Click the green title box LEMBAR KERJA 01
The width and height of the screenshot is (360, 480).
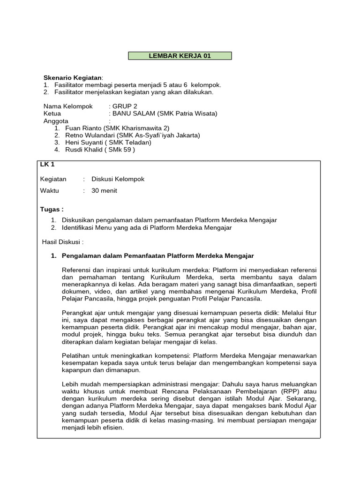click(x=180, y=56)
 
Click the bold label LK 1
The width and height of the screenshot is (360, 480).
click(x=47, y=165)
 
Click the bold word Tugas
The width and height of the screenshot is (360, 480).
click(x=51, y=209)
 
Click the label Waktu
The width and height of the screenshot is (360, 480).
click(x=50, y=191)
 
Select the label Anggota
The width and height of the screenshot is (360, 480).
click(x=56, y=120)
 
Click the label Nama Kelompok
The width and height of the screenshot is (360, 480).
click(x=68, y=106)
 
